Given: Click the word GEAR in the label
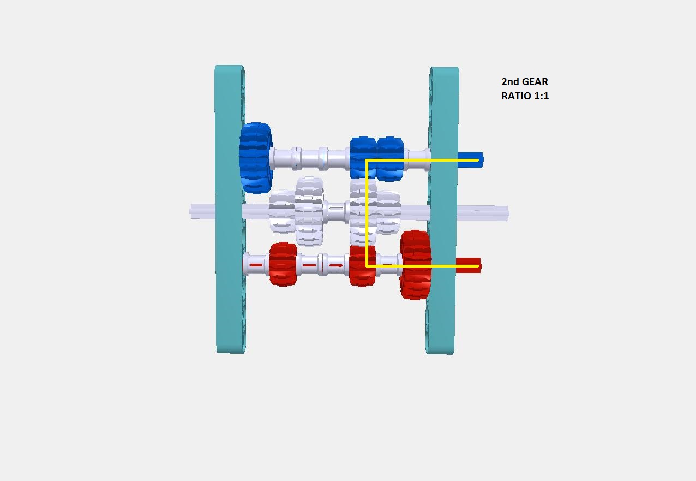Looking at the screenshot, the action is pyautogui.click(x=535, y=82).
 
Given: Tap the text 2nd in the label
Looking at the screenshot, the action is pyautogui.click(x=511, y=82).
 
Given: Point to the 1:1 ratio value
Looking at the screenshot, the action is pyautogui.click(x=542, y=96).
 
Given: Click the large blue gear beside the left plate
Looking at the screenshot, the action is pyautogui.click(x=256, y=158).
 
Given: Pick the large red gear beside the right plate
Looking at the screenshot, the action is pyautogui.click(x=416, y=265).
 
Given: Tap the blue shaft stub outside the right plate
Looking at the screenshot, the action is pyautogui.click(x=470, y=160).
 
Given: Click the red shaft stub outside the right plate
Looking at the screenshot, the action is pyautogui.click(x=468, y=265).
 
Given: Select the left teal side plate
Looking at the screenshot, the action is pyautogui.click(x=230, y=209).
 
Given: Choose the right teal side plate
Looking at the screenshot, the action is pyautogui.click(x=442, y=211).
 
